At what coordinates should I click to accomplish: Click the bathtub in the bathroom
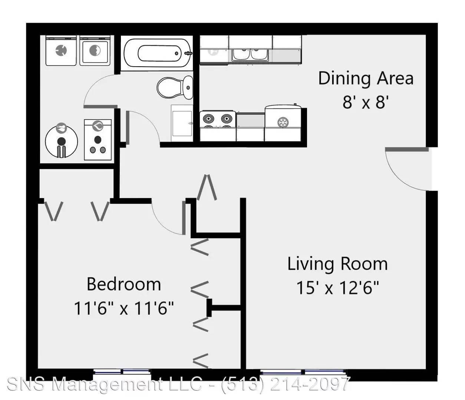pyautogui.click(x=157, y=53)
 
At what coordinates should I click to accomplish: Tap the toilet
pyautogui.click(x=175, y=88)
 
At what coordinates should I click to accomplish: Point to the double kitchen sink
pyautogui.click(x=250, y=54)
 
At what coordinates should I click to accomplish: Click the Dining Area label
pyautogui.click(x=366, y=79)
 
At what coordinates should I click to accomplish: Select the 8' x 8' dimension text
pyautogui.click(x=366, y=103)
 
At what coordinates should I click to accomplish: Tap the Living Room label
pyautogui.click(x=338, y=264)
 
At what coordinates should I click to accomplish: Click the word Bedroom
pyautogui.click(x=124, y=284)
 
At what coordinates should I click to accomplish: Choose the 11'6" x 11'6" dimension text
pyautogui.click(x=124, y=308)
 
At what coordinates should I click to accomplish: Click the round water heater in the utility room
pyautogui.click(x=62, y=141)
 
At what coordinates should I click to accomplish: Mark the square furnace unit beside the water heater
pyautogui.click(x=98, y=140)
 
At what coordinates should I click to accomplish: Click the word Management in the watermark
pyautogui.click(x=108, y=384)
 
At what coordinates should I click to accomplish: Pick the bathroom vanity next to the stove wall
pyautogui.click(x=182, y=123)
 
